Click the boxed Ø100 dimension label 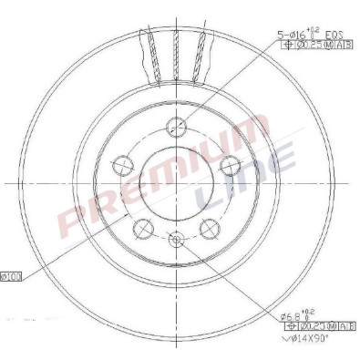(x=13, y=275)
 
